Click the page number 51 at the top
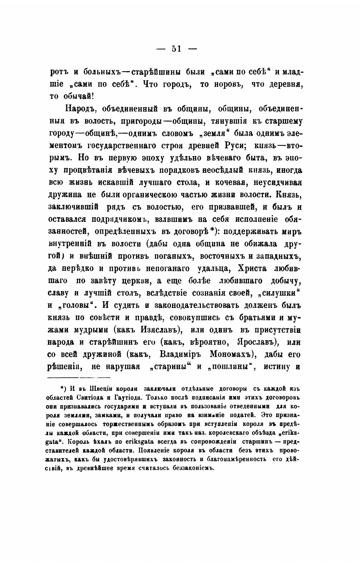pos(176,49)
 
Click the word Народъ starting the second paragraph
pos(80,109)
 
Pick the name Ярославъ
pos(255,342)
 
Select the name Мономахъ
pos(231,354)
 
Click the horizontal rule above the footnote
pos(79,377)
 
